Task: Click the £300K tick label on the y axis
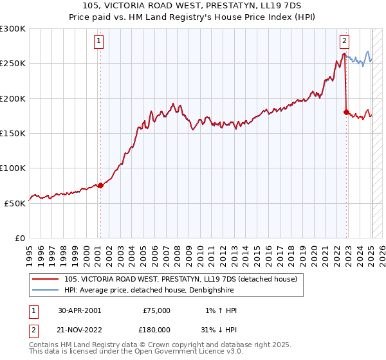(12, 29)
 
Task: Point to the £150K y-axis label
(12, 133)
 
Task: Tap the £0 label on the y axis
(19, 238)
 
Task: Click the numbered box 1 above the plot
(99, 41)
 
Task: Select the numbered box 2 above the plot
(344, 41)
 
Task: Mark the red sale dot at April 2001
(100, 185)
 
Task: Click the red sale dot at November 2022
(346, 113)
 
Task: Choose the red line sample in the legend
(46, 280)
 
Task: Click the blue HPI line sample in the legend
(46, 291)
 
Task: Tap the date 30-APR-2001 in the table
(80, 310)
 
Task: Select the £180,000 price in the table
(156, 329)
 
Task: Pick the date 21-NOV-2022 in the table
(80, 329)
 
